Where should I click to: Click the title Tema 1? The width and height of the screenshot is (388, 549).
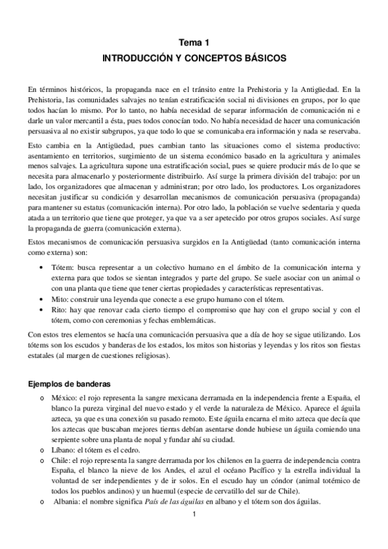click(194, 42)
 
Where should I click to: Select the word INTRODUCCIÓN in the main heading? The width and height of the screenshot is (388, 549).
click(136, 58)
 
